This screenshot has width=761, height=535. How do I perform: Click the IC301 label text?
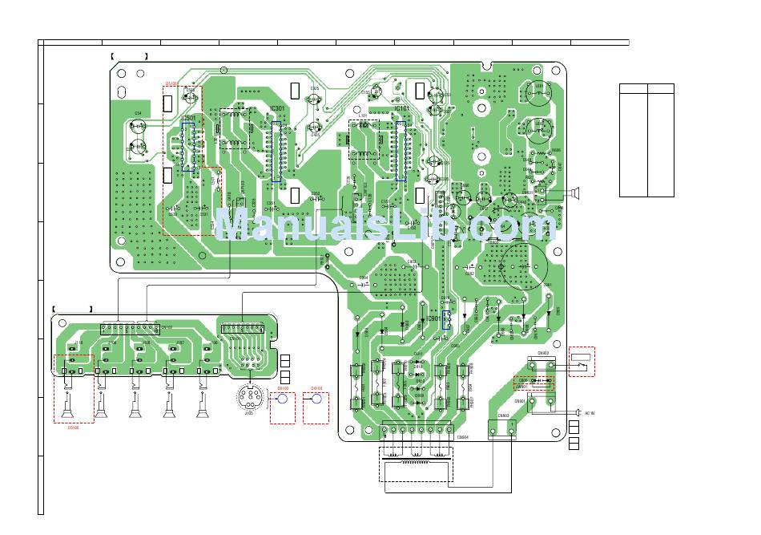[x=277, y=108]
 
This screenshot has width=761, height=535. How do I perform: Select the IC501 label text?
[x=188, y=118]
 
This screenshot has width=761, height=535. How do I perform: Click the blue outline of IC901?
[x=447, y=321]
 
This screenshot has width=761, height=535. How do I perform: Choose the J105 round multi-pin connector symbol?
[x=248, y=396]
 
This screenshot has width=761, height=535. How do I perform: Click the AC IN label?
[x=590, y=413]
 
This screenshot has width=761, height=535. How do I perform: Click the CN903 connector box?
[x=503, y=429]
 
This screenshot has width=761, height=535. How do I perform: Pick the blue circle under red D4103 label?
[x=316, y=399]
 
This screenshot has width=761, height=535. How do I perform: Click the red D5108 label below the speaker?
[x=73, y=428]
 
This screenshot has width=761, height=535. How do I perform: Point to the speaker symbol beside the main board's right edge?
[x=573, y=192]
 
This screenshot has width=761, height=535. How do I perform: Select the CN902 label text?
[x=542, y=352]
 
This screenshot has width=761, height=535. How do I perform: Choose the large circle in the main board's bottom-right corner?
[x=524, y=264]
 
